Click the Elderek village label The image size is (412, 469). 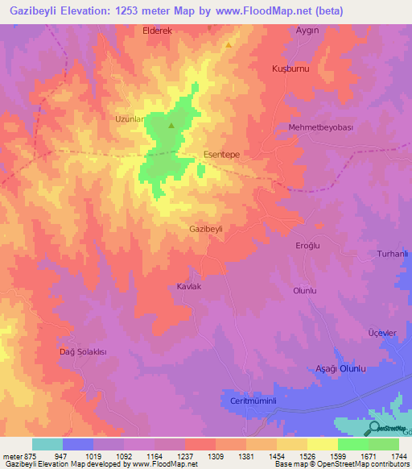tap(158, 30)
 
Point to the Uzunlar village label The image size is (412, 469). tap(130, 118)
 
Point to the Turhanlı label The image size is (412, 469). tap(394, 254)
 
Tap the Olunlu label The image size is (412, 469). tap(305, 290)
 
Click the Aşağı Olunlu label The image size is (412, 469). tap(339, 368)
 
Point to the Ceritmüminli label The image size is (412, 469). tap(253, 401)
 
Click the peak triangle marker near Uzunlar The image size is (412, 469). tap(171, 126)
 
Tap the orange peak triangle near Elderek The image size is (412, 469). tap(229, 45)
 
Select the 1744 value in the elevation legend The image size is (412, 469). tap(397, 455)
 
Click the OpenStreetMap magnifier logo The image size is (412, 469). tap(374, 429)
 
